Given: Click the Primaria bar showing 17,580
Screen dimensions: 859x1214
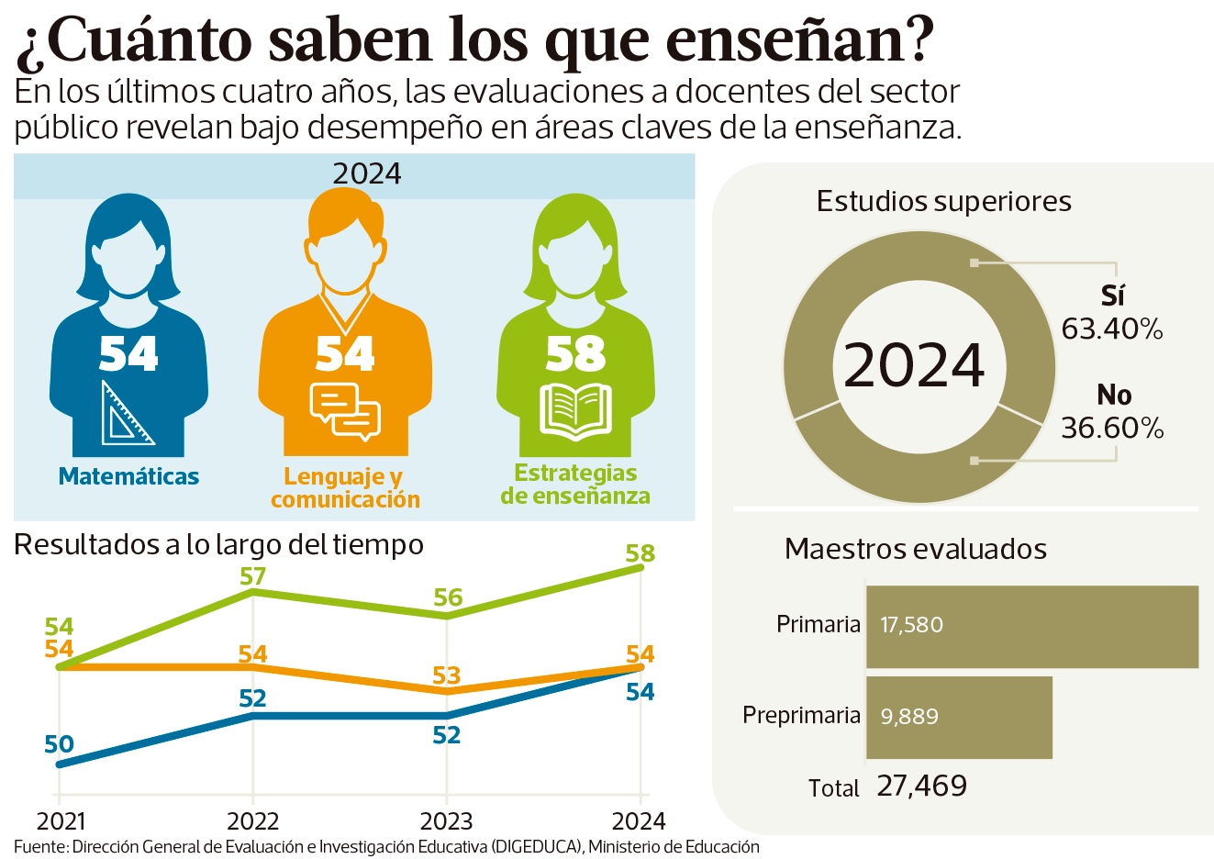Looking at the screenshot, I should (1031, 627).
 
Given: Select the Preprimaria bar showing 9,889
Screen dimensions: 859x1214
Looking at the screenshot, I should (959, 718).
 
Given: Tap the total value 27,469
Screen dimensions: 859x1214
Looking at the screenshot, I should (921, 786).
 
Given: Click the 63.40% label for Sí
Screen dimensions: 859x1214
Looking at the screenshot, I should (1112, 329).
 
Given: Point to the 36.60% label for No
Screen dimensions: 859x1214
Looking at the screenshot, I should (1112, 428).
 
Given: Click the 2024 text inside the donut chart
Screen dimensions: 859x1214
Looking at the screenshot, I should (914, 365).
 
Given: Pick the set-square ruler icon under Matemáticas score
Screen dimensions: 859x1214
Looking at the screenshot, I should (128, 414).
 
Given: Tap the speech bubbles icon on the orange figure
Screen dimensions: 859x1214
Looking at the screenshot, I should (345, 411).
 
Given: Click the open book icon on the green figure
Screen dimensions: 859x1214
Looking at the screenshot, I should (575, 410).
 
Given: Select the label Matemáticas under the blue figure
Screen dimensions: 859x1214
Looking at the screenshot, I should (128, 476).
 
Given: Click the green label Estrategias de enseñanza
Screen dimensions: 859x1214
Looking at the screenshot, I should (575, 485).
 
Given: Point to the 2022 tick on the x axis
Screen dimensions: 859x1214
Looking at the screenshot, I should (252, 820).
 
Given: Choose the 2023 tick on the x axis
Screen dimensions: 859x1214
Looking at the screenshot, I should (446, 820).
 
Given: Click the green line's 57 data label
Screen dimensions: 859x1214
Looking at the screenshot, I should (252, 576).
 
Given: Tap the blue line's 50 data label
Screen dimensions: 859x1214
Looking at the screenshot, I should (59, 744).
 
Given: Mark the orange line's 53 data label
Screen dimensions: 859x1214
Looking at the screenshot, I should (446, 676).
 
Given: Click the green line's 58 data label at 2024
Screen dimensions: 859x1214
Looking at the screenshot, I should (640, 553).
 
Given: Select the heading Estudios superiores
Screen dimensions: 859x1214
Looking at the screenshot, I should (943, 202).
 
